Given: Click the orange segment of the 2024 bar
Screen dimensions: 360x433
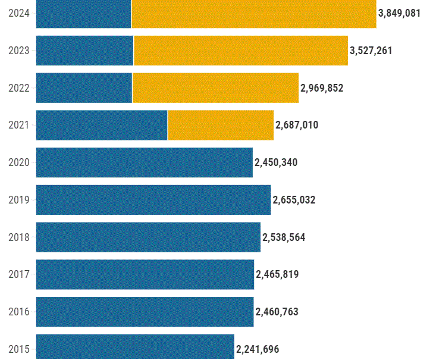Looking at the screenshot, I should pos(254,13).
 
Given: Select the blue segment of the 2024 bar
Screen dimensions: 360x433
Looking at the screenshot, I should pos(83,13).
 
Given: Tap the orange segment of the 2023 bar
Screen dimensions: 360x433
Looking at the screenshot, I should pos(241,51).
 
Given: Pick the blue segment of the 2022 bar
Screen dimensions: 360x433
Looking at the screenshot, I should pos(84,87).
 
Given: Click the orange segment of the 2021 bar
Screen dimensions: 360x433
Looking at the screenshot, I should pos(221,125).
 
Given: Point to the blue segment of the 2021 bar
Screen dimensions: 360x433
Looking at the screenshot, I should pos(102,125).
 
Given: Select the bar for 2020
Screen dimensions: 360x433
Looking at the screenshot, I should pos(145,162).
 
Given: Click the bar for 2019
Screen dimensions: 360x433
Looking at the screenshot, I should pos(153,199).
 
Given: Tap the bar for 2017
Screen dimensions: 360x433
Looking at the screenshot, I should pos(145,274).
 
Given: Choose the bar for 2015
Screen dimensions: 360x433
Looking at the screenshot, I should pos(135,348).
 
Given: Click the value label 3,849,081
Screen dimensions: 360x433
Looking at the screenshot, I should pos(400,13).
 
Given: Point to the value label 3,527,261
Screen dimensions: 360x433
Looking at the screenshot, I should pos(371,51).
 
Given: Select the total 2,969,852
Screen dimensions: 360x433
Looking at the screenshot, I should pos(322,88).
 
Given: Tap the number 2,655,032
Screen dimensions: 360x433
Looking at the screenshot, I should pos(294,200).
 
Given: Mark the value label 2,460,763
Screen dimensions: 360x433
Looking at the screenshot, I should pos(277,312).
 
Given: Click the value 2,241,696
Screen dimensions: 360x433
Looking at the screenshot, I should pos(258,349).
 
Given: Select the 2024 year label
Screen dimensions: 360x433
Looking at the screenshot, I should pos(19,13).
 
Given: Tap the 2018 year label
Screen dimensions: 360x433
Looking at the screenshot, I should pos(19,237).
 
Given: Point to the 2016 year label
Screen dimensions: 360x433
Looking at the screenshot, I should pos(19,312).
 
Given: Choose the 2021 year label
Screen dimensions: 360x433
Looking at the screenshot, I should pos(19,125).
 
